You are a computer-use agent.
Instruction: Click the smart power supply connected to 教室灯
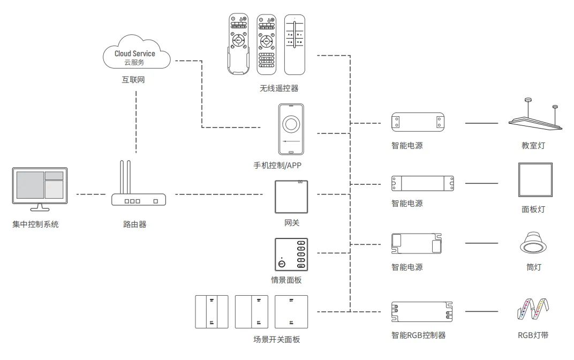pyautogui.click(x=418, y=123)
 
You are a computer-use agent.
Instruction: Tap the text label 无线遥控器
pyautogui.click(x=279, y=88)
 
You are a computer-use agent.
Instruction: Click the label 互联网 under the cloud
pyautogui.click(x=133, y=81)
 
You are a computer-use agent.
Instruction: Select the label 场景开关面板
pyautogui.click(x=276, y=339)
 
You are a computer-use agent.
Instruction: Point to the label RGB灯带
pyautogui.click(x=533, y=336)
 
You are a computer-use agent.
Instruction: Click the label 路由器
pyautogui.click(x=135, y=224)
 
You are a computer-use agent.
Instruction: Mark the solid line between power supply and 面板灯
pyautogui.click(x=481, y=184)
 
